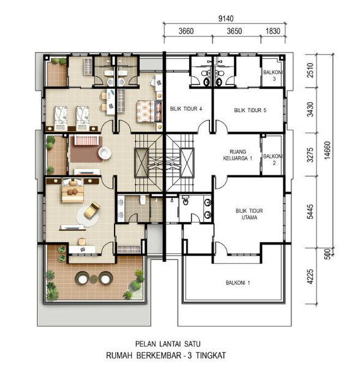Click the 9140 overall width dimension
(x=226, y=18)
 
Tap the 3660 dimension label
(x=186, y=31)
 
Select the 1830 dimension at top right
(x=273, y=31)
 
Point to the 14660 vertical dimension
(x=328, y=150)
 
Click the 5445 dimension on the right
(x=310, y=212)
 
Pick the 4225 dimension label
(x=310, y=276)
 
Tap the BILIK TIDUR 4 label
(x=186, y=109)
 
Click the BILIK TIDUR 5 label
(x=250, y=110)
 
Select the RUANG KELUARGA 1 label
(x=238, y=155)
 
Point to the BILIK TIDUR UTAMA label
(x=249, y=214)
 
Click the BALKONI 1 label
(x=238, y=283)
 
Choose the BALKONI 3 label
(x=273, y=75)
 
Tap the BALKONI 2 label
(x=273, y=160)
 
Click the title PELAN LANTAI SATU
(x=168, y=344)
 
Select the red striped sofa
(x=86, y=140)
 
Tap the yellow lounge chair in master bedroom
(x=92, y=210)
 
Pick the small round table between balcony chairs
(x=94, y=279)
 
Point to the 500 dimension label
(x=328, y=254)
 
